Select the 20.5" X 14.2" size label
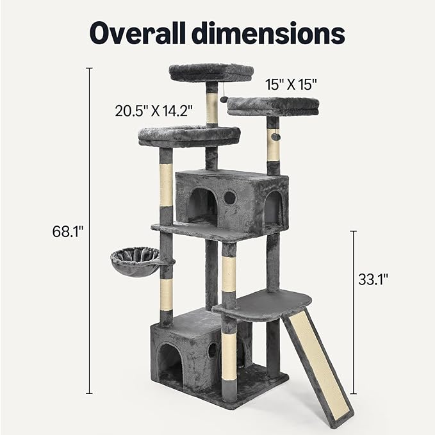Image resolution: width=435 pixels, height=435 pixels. (154, 110)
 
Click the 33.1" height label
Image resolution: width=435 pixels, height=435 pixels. (373, 279)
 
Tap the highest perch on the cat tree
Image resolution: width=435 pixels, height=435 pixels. (211, 72)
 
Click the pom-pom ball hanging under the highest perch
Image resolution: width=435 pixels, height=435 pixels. (224, 99)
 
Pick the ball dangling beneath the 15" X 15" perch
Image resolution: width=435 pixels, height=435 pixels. (275, 136)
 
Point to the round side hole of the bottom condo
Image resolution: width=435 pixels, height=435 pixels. (212, 350)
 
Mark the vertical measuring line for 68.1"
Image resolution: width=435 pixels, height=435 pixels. (89, 231)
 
